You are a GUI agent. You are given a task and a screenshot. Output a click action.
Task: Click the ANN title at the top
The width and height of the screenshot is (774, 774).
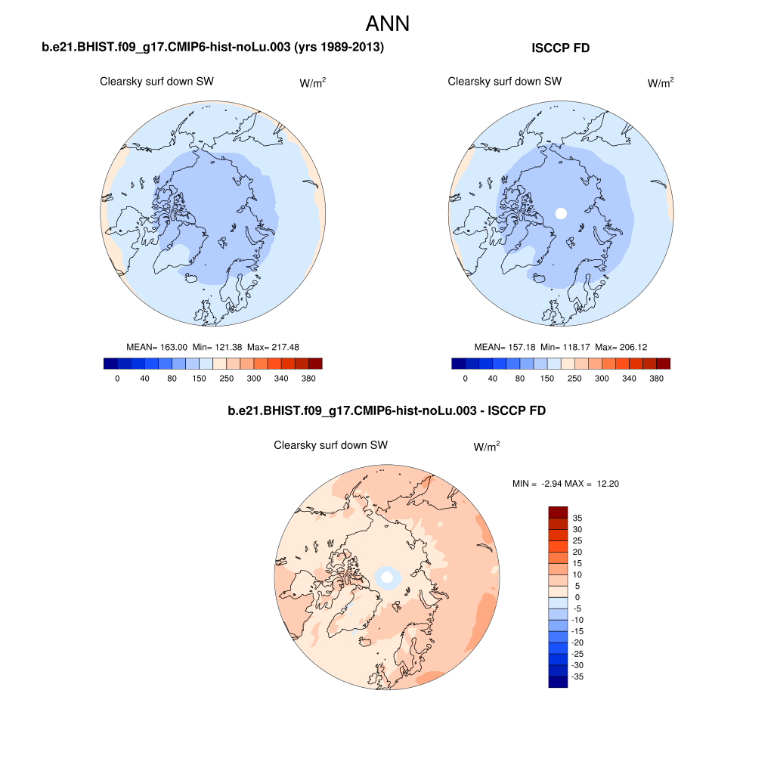coord(387,23)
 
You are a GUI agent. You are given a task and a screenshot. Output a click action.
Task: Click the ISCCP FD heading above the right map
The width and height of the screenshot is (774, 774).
coord(561,48)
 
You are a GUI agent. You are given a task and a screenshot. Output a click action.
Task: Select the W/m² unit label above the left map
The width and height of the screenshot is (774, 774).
coord(313,83)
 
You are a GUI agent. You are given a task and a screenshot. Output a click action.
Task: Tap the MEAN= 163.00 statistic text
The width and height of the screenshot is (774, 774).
coord(157,347)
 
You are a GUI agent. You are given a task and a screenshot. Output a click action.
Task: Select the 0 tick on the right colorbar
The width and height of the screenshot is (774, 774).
coord(465,378)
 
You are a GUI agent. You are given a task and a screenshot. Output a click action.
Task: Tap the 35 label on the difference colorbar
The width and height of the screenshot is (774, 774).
coord(577,518)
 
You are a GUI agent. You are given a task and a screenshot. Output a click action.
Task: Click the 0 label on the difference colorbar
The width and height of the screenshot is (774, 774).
coord(577,597)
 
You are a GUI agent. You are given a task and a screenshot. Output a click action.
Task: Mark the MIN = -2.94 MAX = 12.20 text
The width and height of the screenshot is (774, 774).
coord(565,484)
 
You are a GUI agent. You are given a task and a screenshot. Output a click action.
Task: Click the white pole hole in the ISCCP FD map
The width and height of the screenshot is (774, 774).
coord(560,213)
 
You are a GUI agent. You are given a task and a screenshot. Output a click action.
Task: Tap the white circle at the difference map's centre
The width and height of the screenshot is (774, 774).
coord(387,578)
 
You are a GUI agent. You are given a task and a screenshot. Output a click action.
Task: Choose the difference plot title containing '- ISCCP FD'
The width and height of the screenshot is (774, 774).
coord(386,411)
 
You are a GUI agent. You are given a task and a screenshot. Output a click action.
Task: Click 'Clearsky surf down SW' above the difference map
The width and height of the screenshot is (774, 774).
coord(330,446)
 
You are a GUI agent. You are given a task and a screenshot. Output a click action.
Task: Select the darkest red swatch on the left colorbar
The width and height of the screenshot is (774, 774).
coord(315,364)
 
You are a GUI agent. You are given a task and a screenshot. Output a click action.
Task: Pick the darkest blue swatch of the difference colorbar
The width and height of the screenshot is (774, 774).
coord(558,682)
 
